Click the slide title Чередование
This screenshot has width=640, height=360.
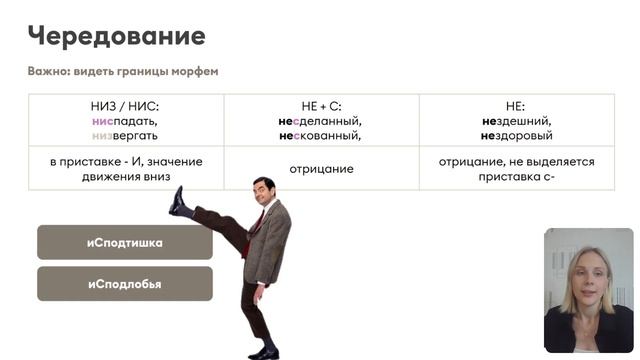[116, 37]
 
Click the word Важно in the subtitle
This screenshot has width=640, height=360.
[47, 71]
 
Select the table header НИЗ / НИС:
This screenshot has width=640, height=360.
[125, 106]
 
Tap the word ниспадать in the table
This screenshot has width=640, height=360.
[124, 120]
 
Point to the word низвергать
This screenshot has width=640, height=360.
[124, 135]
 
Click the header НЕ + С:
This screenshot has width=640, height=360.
[321, 106]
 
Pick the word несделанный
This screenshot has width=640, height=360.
[321, 120]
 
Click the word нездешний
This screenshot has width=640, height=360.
[516, 120]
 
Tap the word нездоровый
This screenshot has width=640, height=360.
[516, 135]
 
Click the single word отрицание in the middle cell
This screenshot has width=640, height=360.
[321, 169]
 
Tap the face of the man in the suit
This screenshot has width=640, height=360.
[263, 192]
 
